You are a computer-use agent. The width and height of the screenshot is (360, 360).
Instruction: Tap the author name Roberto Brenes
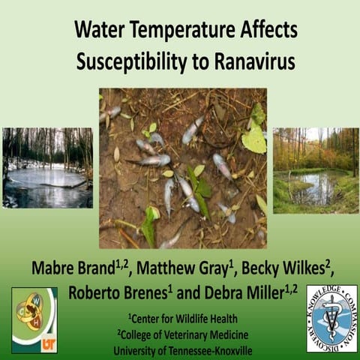tap(116, 292)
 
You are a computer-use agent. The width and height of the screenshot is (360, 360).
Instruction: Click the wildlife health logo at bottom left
tap(34, 319)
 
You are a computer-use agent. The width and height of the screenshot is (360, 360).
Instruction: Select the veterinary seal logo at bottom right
tap(331, 318)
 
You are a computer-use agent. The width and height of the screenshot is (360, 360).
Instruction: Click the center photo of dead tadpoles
tap(183, 168)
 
